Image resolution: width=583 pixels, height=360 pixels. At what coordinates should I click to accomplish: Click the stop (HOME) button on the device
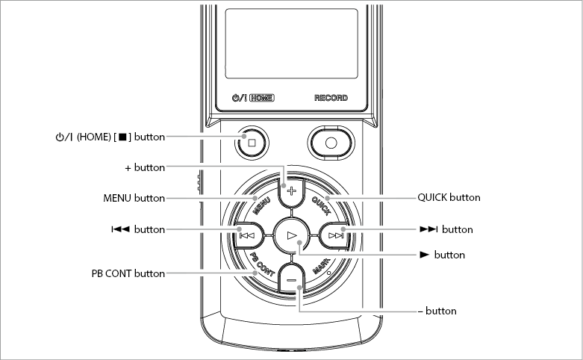click(x=252, y=143)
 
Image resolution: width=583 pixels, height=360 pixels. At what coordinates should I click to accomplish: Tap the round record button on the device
click(x=331, y=143)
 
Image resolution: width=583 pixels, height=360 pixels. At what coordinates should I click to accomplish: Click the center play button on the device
click(x=291, y=235)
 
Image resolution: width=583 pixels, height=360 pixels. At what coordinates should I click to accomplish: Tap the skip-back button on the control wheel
click(x=248, y=235)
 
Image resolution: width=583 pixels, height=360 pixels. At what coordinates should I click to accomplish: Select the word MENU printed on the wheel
click(x=261, y=206)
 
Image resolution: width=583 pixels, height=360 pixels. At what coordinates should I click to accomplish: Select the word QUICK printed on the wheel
click(x=321, y=205)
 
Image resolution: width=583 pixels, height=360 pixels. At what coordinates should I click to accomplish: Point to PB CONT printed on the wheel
click(x=262, y=264)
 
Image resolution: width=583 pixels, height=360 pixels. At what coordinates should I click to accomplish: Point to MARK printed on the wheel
click(x=321, y=266)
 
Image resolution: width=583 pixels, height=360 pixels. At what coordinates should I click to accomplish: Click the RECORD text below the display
click(x=331, y=98)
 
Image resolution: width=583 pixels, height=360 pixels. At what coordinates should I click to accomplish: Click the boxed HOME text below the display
click(x=262, y=98)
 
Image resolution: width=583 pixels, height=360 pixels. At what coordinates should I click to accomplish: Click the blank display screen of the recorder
click(x=291, y=43)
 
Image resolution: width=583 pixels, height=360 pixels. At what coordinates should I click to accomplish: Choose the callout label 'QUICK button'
click(x=449, y=197)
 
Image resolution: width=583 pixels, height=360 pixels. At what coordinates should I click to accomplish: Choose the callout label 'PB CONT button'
click(x=128, y=273)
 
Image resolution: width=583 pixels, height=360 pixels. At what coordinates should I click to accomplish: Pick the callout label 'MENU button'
click(x=134, y=198)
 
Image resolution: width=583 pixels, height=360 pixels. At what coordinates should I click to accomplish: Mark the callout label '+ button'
click(x=145, y=168)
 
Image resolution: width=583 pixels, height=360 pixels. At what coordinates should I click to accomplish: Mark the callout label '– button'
click(x=437, y=311)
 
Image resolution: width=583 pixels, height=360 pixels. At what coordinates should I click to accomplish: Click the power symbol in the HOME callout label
click(x=60, y=137)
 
